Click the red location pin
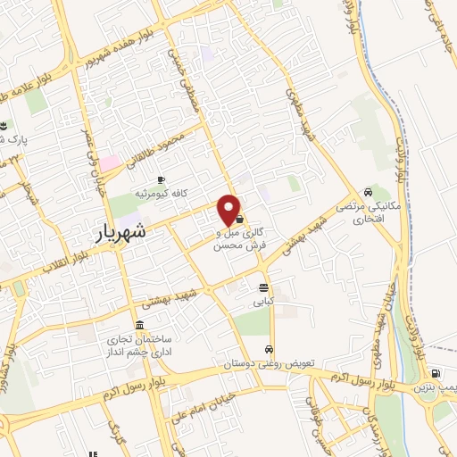[229, 209]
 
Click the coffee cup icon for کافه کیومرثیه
[161, 179]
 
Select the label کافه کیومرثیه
[161, 193]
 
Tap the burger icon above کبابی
[262, 287]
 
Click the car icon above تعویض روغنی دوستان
[269, 349]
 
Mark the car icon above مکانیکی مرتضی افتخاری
[368, 193]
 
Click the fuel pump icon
[435, 373]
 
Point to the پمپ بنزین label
[435, 388]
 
